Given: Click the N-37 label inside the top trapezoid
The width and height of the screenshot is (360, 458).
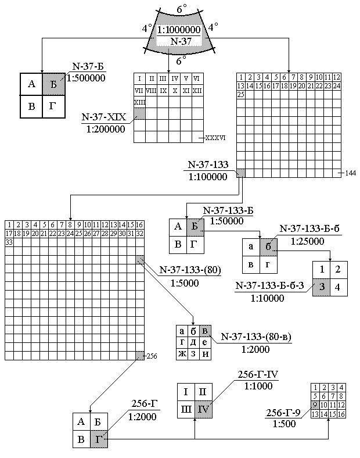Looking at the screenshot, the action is (x=178, y=40).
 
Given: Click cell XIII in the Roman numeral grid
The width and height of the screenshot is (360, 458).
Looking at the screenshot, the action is (x=140, y=102).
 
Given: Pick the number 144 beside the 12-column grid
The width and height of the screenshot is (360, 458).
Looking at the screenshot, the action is (x=350, y=173).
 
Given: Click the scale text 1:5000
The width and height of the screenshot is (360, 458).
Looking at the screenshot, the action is (x=185, y=284).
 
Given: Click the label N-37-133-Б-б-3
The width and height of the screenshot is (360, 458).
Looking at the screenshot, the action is (x=271, y=285).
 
